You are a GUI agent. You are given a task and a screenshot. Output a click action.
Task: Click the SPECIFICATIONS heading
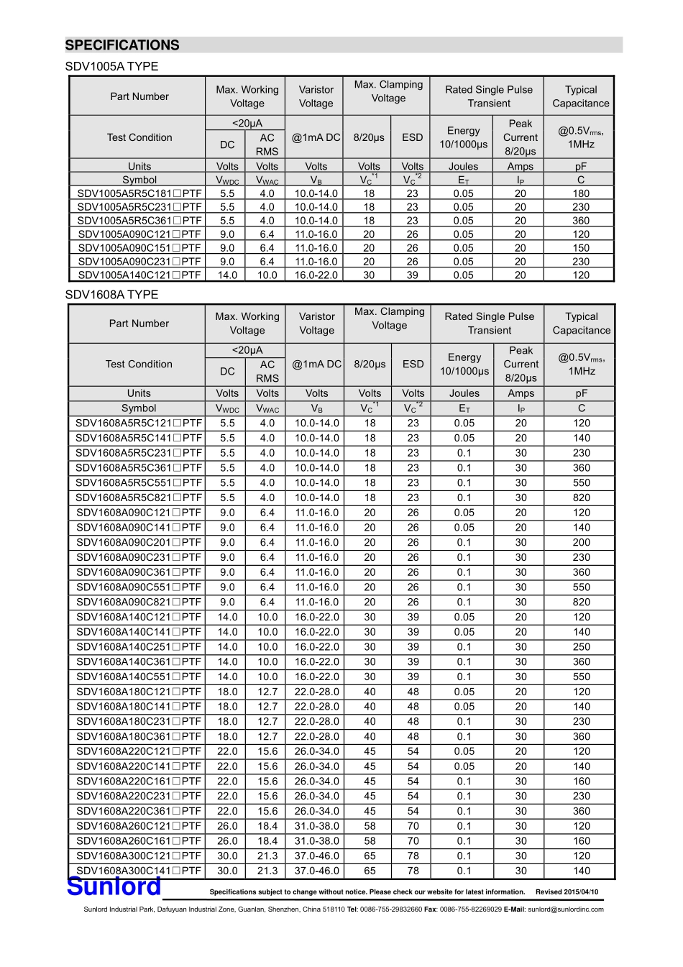pyautogui.click(x=122, y=45)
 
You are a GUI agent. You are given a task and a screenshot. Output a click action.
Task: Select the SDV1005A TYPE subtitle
pyautogui.click(x=111, y=67)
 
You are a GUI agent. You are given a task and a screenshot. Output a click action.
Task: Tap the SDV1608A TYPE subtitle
pyautogui.click(x=111, y=295)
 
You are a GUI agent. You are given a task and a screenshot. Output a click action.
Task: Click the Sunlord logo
pyautogui.click(x=114, y=887)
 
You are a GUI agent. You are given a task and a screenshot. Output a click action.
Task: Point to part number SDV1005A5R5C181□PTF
pyautogui.click(x=139, y=193)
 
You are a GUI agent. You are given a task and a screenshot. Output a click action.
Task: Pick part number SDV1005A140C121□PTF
pyautogui.click(x=139, y=275)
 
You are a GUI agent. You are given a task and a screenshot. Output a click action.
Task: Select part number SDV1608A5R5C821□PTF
pyautogui.click(x=139, y=498)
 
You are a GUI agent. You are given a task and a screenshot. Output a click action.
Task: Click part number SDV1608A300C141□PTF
pyautogui.click(x=139, y=871)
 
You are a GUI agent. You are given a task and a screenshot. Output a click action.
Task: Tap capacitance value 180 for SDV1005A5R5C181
pyautogui.click(x=581, y=193)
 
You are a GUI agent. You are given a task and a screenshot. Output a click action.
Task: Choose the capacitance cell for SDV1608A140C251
pyautogui.click(x=582, y=647)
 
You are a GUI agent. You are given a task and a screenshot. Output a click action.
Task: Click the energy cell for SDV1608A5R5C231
pyautogui.click(x=464, y=453)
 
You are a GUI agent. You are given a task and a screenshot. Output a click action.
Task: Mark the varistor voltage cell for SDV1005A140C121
pyautogui.click(x=316, y=275)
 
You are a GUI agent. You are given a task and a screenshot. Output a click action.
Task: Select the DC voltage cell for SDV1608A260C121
pyautogui.click(x=227, y=826)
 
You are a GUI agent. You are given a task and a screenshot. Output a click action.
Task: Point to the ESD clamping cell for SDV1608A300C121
pyautogui.click(x=413, y=856)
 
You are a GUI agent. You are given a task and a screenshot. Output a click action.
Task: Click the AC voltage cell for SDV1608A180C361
pyautogui.click(x=267, y=736)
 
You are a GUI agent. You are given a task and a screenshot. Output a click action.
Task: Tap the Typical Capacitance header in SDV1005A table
pyautogui.click(x=581, y=96)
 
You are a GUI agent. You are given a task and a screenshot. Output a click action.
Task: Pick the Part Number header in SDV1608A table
pyautogui.click(x=139, y=324)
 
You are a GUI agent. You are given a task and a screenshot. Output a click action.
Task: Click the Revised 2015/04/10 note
pyautogui.click(x=567, y=892)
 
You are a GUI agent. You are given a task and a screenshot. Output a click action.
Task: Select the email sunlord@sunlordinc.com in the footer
pyautogui.click(x=566, y=909)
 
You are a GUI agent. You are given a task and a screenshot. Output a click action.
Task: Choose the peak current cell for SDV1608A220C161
pyautogui.click(x=521, y=782)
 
